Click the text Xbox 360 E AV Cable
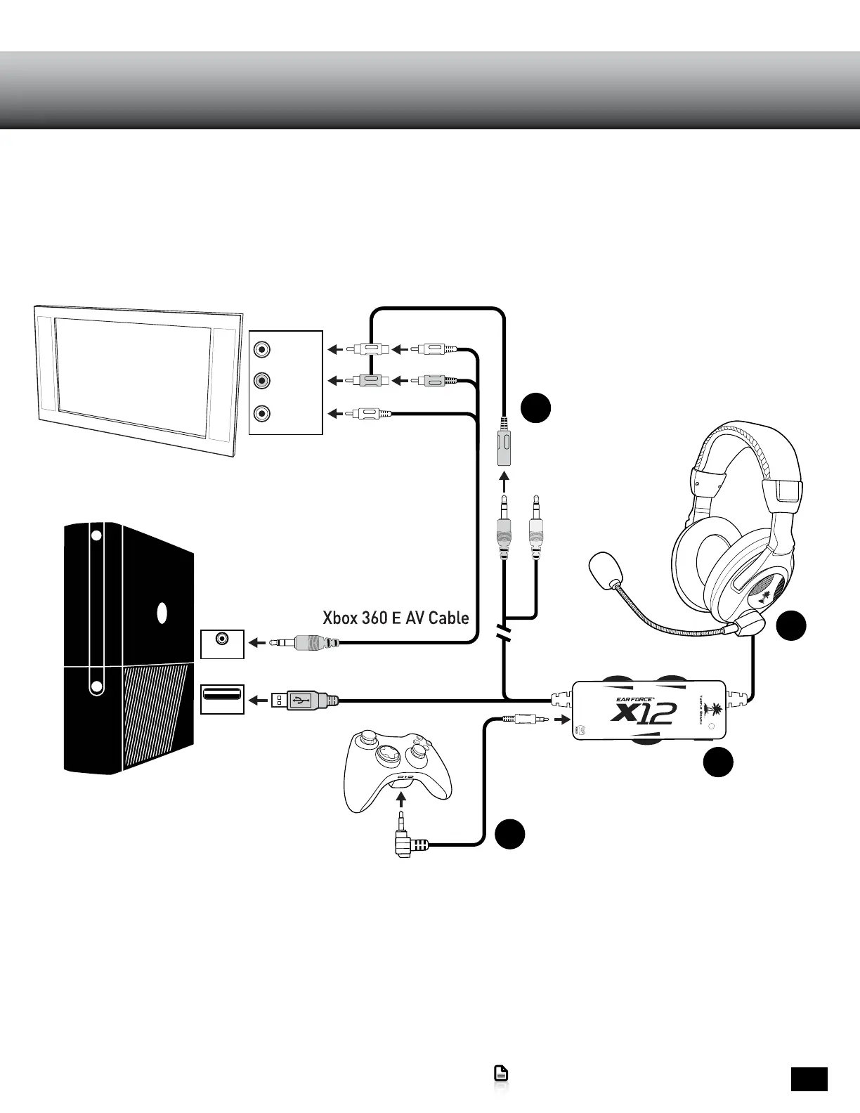tap(396, 618)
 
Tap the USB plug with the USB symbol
tap(304, 700)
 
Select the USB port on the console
tap(222, 696)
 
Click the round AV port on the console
tap(223, 639)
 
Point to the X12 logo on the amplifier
tap(644, 713)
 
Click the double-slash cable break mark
tap(504, 632)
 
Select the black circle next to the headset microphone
tap(791, 626)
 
